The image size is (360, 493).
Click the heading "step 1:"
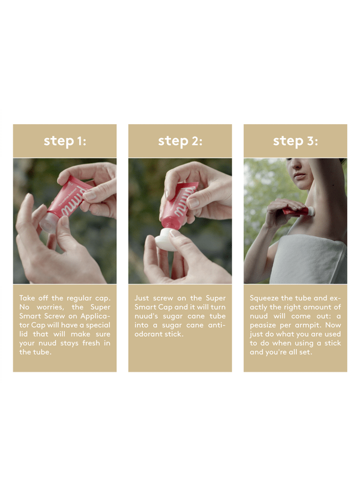65,141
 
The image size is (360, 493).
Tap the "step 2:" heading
180,141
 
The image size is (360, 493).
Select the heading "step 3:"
295,141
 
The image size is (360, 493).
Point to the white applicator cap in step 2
167,240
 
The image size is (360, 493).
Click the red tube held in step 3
295,211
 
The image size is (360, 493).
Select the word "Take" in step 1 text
27,298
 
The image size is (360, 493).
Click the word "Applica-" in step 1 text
95,317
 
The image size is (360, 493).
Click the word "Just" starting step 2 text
142,298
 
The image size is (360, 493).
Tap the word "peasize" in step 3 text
262,325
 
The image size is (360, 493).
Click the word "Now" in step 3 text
333,325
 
